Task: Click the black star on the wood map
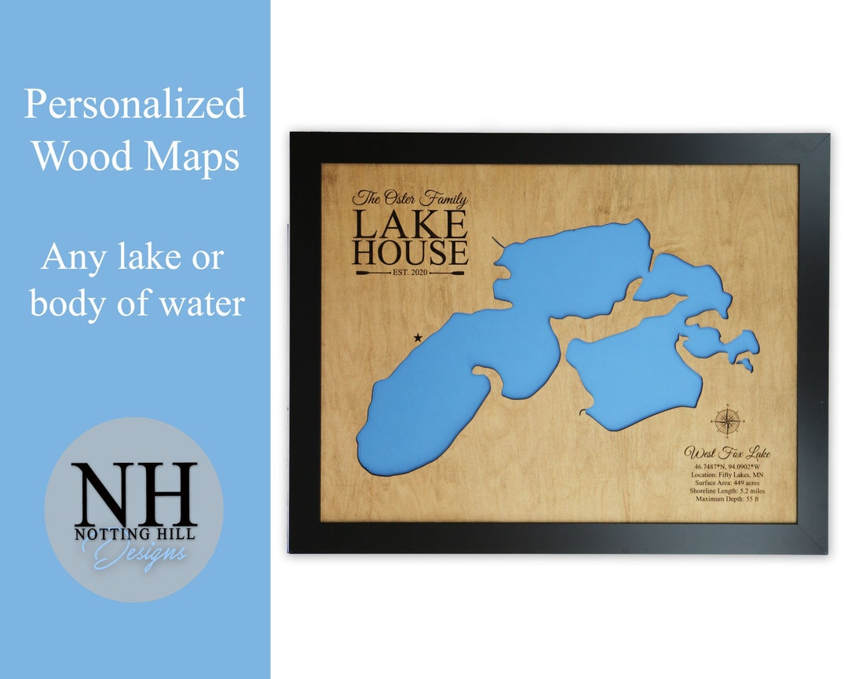click(418, 338)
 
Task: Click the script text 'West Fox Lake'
click(727, 453)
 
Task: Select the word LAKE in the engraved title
click(409, 225)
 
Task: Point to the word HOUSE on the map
click(410, 253)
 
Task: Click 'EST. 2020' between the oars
click(410, 273)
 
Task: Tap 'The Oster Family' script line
click(409, 199)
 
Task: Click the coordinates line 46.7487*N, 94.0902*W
click(727, 467)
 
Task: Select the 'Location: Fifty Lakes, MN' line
click(727, 475)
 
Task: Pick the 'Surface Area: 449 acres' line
click(727, 483)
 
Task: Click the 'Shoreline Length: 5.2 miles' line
click(727, 490)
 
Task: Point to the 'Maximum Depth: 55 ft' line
click(727, 498)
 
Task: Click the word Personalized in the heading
click(134, 105)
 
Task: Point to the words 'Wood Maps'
click(135, 156)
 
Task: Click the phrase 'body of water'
click(137, 304)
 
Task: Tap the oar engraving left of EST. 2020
click(372, 273)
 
